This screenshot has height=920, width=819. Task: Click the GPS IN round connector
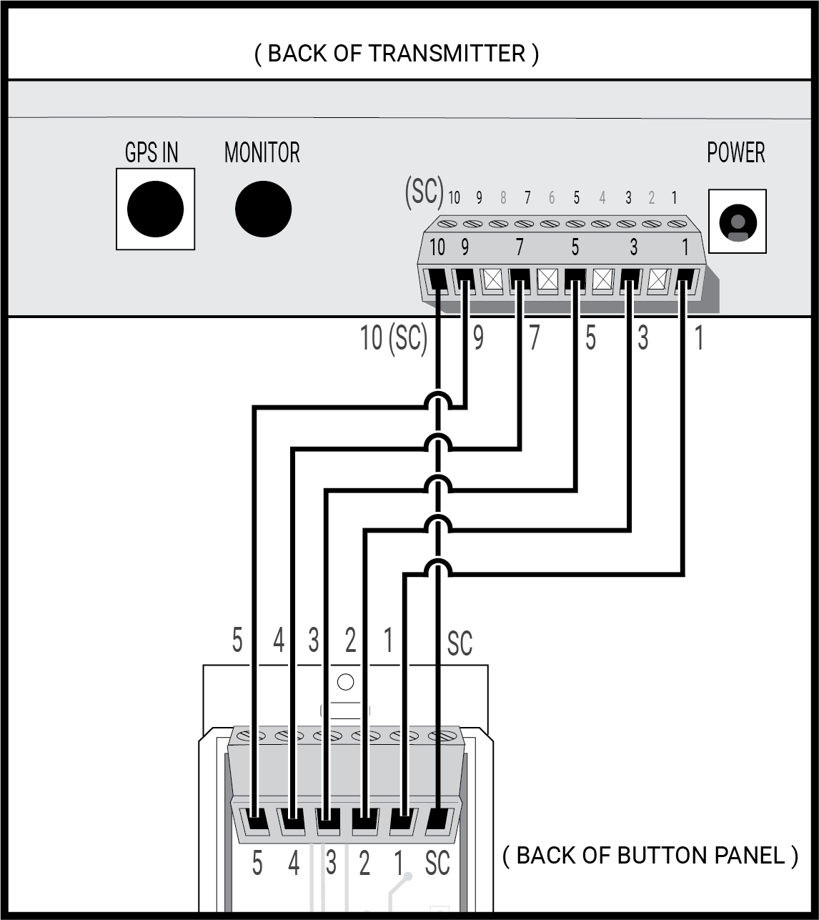coord(155,209)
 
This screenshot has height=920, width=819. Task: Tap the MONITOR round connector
coord(263,209)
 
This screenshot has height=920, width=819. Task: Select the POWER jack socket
coord(737,222)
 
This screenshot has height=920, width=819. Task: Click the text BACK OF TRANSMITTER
coord(396,54)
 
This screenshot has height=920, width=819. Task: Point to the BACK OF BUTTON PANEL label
coord(650,855)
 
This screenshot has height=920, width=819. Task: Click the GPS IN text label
coord(152,152)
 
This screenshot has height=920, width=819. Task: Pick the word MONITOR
coord(262,152)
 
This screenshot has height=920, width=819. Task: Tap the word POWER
coord(735,152)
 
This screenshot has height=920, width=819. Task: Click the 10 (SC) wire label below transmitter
coord(393,338)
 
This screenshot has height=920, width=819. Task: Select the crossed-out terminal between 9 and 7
coord(492,280)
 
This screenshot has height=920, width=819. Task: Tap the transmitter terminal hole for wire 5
coord(575,280)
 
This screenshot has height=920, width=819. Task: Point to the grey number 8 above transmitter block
coord(503,198)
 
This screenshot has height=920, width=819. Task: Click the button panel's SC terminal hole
coord(439,819)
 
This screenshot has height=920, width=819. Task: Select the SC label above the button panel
coord(460,643)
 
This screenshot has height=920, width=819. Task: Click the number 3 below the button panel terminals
coord(330,864)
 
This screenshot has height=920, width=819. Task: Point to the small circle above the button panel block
coord(345,682)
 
